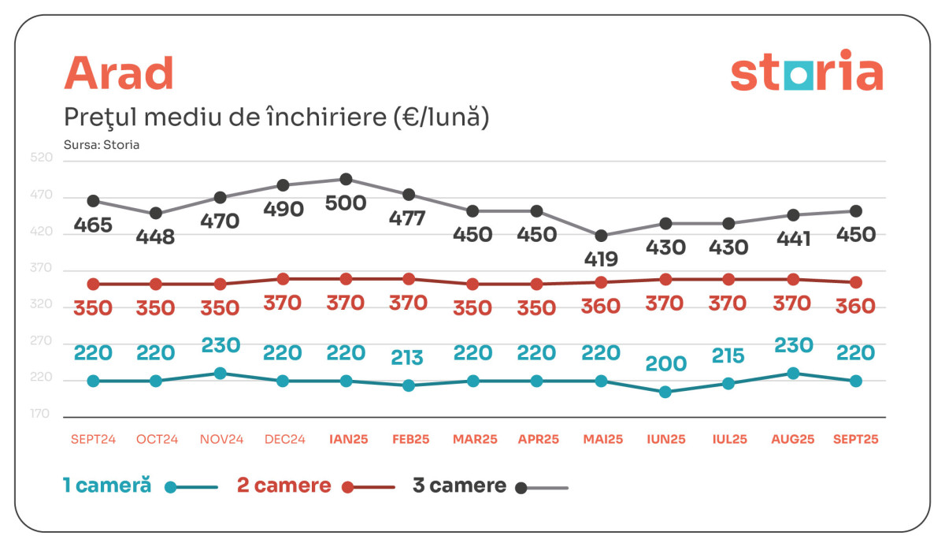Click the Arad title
(118, 74)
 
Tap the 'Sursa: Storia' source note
(101, 145)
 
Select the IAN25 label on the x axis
(346, 439)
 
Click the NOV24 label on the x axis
(220, 439)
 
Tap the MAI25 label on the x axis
(602, 439)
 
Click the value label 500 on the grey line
(346, 203)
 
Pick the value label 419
(602, 259)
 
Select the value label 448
(156, 236)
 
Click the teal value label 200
(665, 363)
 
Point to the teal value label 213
(407, 358)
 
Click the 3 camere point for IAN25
(346, 180)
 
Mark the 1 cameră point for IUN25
(665, 392)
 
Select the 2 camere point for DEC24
(283, 279)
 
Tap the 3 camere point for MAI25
(602, 236)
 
